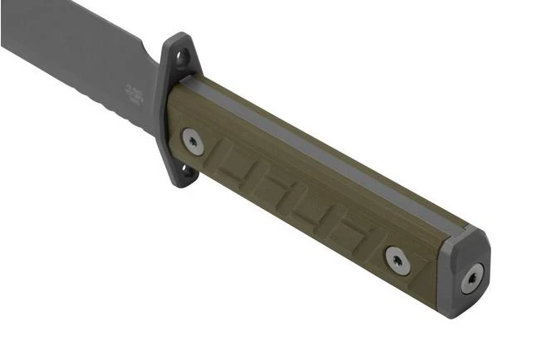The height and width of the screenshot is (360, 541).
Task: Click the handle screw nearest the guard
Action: click(193, 141)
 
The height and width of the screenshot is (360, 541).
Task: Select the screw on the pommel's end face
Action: click(473, 278)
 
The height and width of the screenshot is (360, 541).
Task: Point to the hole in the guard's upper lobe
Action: click(183, 56)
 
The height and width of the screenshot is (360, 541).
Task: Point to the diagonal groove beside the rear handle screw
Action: click(369, 246)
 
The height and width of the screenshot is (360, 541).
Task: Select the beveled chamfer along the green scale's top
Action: click(332, 149)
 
